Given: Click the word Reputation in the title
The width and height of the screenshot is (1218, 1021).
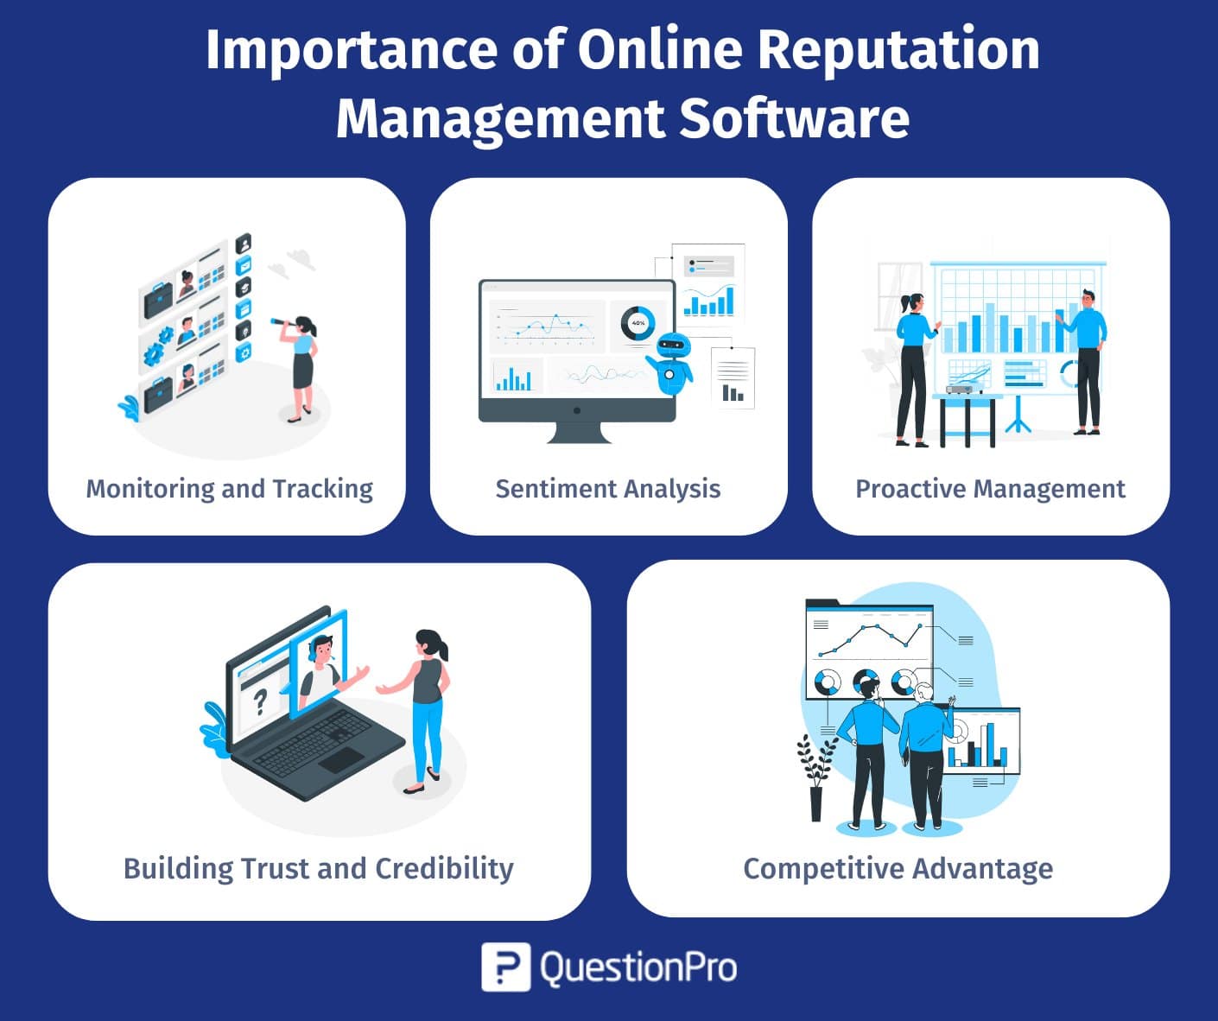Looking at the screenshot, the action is pyautogui.click(x=898, y=51).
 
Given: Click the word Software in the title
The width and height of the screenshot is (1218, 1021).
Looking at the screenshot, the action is pyautogui.click(x=795, y=118).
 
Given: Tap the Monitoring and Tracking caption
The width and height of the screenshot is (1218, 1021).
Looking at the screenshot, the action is pyautogui.click(x=229, y=489).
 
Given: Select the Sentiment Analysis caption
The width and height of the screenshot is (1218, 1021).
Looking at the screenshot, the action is pyautogui.click(x=608, y=489).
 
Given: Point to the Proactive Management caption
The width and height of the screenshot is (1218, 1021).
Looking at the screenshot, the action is pyautogui.click(x=990, y=489).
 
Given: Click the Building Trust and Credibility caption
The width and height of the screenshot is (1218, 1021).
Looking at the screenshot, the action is pyautogui.click(x=319, y=869).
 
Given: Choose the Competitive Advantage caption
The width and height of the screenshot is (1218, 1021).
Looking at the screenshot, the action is pyautogui.click(x=898, y=869).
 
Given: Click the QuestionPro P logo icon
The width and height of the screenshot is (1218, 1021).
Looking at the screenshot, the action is pyautogui.click(x=505, y=967).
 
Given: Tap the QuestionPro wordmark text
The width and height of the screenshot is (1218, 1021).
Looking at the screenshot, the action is pyautogui.click(x=638, y=968).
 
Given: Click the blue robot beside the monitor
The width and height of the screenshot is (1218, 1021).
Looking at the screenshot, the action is pyautogui.click(x=671, y=364).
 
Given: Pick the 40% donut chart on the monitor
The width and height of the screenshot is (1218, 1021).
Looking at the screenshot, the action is pyautogui.click(x=638, y=323).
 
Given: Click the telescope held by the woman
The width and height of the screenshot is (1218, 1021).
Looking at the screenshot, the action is pyautogui.click(x=284, y=321).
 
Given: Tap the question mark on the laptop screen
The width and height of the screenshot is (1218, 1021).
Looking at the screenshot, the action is pyautogui.click(x=260, y=702).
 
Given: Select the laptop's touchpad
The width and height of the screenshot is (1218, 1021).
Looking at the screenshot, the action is pyautogui.click(x=341, y=759).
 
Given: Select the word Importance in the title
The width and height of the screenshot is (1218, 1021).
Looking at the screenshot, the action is pyautogui.click(x=352, y=51).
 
